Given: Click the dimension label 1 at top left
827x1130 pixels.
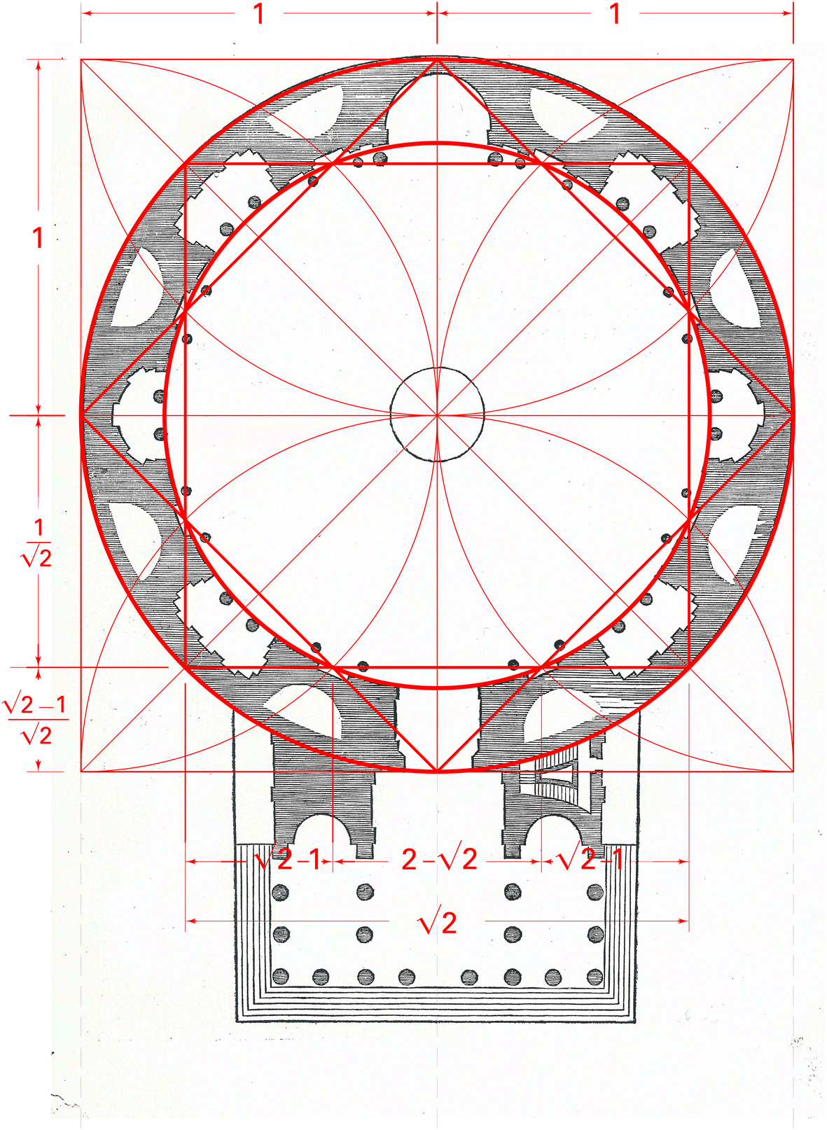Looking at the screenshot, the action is [x=259, y=14].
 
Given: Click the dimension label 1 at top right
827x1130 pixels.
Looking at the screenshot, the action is [x=615, y=14].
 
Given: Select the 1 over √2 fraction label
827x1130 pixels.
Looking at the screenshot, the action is [x=37, y=543].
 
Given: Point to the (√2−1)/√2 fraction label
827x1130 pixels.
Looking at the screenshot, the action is [x=35, y=720].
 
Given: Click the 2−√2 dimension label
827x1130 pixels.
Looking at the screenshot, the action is [x=438, y=859].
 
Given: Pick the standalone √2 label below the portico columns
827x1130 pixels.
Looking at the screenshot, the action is [x=438, y=921].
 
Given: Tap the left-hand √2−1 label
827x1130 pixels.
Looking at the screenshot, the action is [x=289, y=859].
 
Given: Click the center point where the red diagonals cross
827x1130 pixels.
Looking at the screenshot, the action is [x=437, y=415].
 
